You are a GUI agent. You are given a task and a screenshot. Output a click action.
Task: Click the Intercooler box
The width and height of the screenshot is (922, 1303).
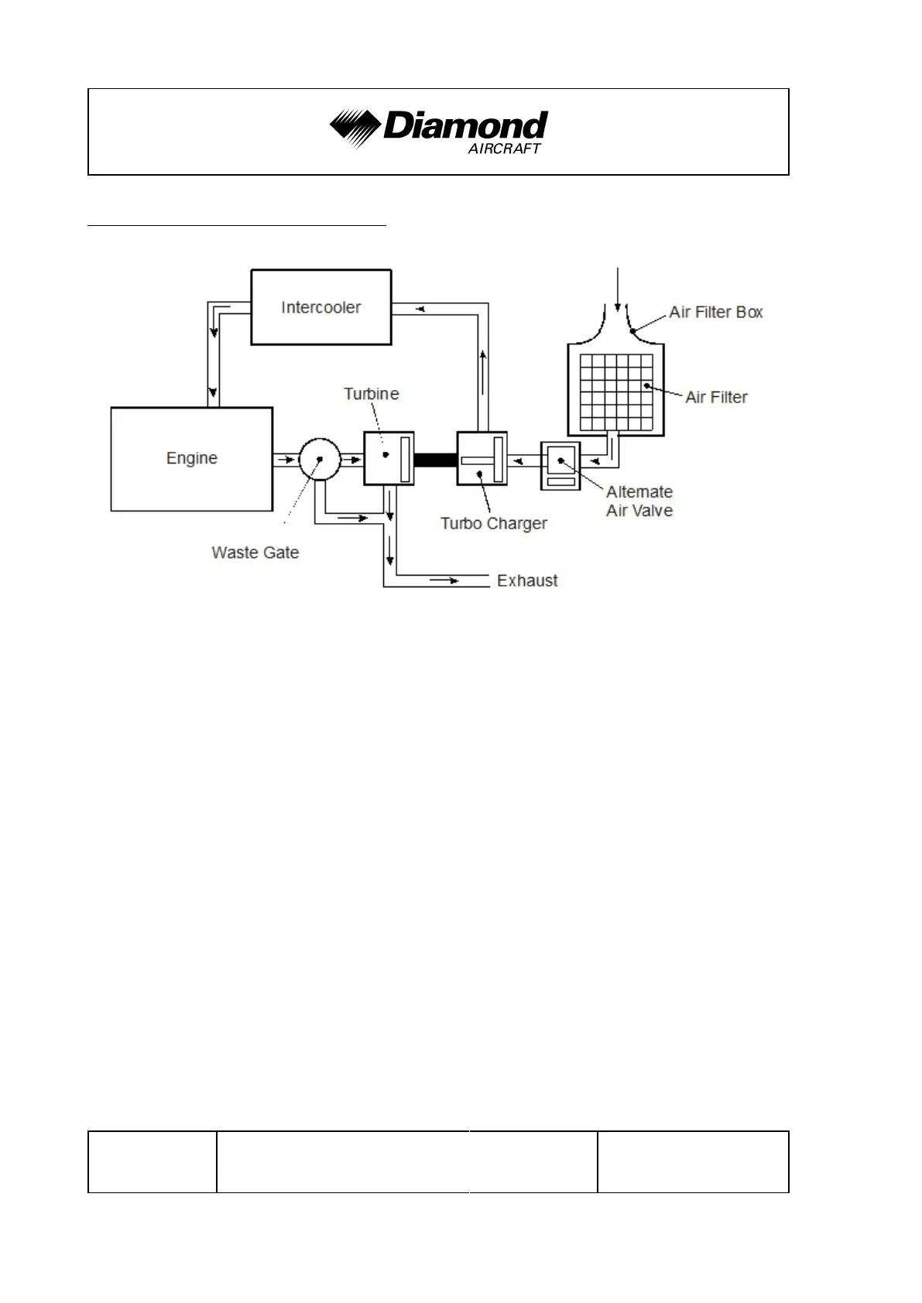coord(320,307)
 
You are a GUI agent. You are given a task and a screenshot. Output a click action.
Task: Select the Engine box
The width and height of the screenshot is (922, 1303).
coord(191,459)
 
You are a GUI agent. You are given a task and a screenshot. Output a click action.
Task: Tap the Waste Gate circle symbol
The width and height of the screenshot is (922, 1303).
coord(319,459)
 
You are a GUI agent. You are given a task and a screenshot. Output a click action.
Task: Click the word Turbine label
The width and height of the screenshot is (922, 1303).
coord(372,394)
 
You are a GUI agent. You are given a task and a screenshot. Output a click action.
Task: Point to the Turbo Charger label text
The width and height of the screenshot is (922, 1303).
coord(493,524)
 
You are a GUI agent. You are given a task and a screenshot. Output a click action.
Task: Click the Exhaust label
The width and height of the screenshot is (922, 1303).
coord(527,581)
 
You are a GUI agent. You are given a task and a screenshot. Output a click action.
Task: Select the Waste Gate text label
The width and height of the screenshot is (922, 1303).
coord(255,552)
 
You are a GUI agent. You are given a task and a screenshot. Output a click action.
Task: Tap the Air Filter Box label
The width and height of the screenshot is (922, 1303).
coord(716,313)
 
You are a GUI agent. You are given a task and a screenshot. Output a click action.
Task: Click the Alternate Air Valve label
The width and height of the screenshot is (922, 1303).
coord(639,501)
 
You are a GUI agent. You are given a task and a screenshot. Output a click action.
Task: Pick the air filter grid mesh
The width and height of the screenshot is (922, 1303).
coord(616,392)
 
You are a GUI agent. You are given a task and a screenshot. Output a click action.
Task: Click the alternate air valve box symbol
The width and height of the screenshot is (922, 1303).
coord(560,466)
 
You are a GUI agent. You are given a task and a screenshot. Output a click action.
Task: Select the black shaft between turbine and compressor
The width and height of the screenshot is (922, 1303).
coord(435,460)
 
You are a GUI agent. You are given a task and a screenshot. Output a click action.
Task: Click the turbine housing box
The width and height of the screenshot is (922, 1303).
coord(389,459)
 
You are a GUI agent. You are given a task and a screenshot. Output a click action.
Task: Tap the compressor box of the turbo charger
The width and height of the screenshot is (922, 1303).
coord(482,459)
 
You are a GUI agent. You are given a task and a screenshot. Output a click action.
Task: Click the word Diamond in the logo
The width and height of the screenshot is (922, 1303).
coord(465,125)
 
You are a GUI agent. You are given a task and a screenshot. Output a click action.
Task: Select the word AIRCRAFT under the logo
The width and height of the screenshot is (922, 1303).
coord(504,149)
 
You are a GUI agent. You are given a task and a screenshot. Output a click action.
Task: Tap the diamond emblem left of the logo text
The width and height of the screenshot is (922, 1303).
coord(355,127)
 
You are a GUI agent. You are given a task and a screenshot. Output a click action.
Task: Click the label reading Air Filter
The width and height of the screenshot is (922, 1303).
coord(716,398)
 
